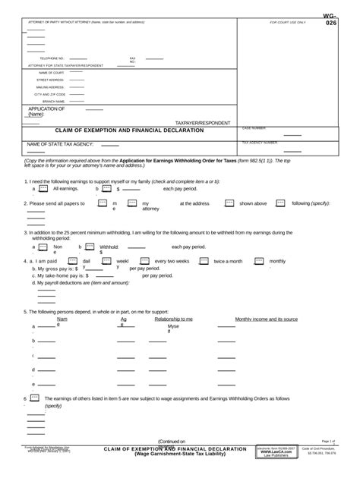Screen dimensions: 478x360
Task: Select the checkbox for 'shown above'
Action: [x=229, y=203]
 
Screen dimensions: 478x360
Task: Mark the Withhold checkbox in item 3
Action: [x=90, y=247]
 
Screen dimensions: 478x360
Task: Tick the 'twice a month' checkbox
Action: [x=204, y=260]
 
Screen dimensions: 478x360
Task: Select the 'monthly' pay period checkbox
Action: [x=259, y=260]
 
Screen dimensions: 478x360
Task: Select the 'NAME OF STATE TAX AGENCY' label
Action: [x=62, y=144]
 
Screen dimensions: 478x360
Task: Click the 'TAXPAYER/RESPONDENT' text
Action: [x=202, y=122]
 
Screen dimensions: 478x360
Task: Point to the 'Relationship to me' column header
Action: [x=173, y=319]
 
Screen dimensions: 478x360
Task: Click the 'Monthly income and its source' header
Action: [x=266, y=319]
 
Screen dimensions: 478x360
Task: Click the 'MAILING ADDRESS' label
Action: [x=52, y=86]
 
